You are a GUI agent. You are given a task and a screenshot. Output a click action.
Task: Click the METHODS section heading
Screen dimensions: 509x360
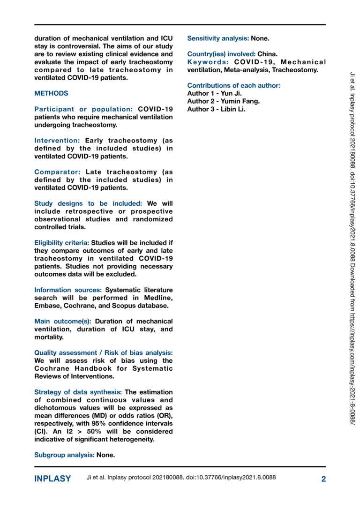[51, 93]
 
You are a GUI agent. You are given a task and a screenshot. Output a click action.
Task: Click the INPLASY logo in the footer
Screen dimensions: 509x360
[52, 479]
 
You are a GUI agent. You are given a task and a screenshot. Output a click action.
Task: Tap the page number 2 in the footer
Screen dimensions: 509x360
[323, 479]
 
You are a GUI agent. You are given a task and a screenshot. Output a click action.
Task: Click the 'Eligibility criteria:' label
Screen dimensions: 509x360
[61, 243]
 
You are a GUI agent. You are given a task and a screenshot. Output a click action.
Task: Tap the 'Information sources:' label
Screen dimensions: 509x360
[68, 290]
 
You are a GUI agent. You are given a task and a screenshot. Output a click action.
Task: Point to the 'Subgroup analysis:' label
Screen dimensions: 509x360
[64, 455]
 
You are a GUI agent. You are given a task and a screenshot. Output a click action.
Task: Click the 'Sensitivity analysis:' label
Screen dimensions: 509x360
[218, 38]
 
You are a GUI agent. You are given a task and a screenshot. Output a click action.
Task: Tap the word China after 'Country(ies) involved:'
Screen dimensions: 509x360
[267, 54]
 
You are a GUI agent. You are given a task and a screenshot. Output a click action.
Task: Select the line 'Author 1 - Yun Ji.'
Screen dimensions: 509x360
[214, 93]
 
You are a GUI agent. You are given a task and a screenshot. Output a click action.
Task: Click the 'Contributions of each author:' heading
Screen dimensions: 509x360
[234, 85]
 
